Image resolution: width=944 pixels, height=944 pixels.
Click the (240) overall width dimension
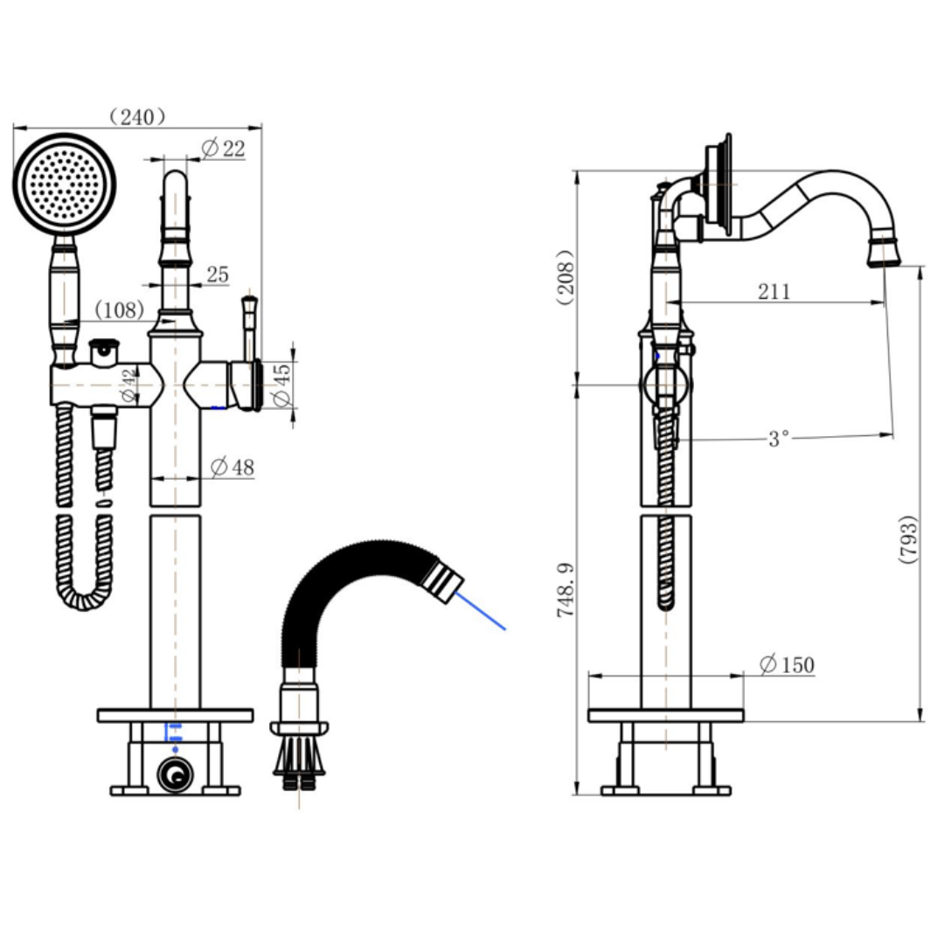coord(137,117)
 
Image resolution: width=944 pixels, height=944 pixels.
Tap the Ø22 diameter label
coord(223,149)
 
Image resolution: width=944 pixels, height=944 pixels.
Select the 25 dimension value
coord(218,275)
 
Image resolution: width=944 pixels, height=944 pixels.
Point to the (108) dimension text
coord(119,309)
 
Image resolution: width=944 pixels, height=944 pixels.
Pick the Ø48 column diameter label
coord(233,469)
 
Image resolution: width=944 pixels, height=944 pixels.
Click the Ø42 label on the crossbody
coord(128,385)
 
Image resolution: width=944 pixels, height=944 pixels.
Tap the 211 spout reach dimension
coord(774,291)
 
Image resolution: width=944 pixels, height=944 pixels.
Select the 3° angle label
coord(779,439)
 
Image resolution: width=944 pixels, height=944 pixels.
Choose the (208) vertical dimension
coord(566,277)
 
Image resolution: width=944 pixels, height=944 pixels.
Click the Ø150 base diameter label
coord(787,665)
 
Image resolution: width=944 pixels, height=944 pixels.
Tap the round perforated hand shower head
coord(65,184)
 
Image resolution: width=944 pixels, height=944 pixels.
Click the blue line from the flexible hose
coord(482,609)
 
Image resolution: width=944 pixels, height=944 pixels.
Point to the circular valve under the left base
coord(176,773)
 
